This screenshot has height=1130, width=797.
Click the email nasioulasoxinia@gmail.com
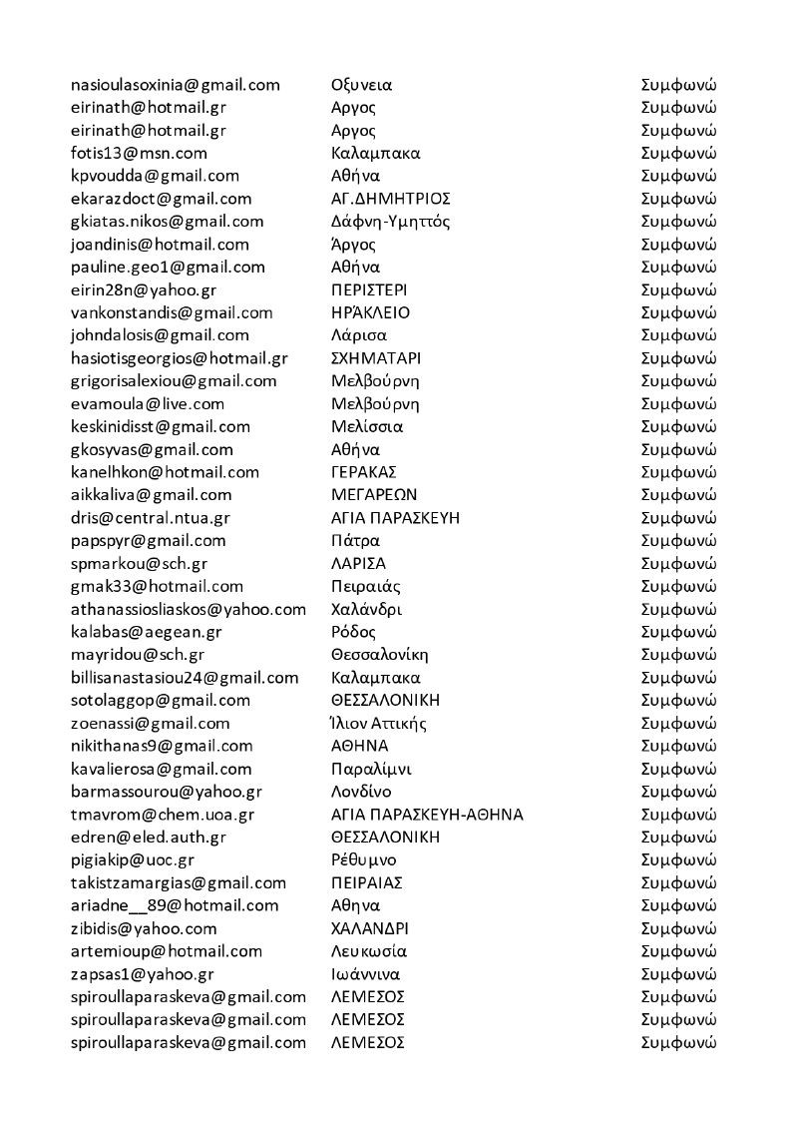pos(176,84)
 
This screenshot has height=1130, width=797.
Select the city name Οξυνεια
pos(361,84)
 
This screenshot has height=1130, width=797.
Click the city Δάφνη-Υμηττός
pos(394,222)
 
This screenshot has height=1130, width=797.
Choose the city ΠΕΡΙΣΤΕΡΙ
pos(369,289)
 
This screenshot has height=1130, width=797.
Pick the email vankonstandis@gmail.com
pos(173,312)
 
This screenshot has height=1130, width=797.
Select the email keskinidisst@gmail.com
pos(161,426)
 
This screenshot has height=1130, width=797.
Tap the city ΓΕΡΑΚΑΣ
pos(364,472)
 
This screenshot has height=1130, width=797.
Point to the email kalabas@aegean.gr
pos(147,632)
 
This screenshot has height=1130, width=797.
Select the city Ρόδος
pos(353,632)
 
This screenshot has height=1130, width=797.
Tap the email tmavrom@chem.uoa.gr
pos(163,815)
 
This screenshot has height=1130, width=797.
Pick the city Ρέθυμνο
pos(363,859)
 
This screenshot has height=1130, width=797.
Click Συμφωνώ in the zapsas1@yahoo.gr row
pos(678,974)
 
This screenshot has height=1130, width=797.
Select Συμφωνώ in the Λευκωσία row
pos(678,951)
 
